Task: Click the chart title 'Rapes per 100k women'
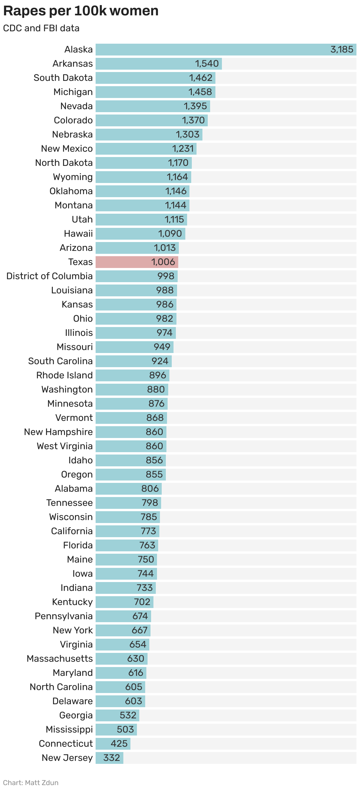click(x=81, y=11)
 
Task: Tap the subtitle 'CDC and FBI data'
click(x=41, y=28)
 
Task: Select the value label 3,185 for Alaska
click(x=341, y=50)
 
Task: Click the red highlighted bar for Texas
click(x=137, y=262)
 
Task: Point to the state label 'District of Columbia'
click(x=49, y=276)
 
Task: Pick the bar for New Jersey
click(x=109, y=758)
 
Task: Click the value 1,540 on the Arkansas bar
click(x=207, y=63)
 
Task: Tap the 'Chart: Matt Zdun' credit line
click(x=31, y=782)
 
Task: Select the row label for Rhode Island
click(x=64, y=375)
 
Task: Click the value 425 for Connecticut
click(x=119, y=743)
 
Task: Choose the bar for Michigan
click(x=155, y=92)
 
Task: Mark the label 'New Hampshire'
click(x=58, y=432)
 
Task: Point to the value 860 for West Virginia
click(x=154, y=446)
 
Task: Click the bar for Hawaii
click(x=140, y=234)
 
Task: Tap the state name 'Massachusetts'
click(x=60, y=658)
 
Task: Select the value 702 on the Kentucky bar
click(x=142, y=602)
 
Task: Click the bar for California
click(x=127, y=531)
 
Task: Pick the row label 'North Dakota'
click(x=64, y=163)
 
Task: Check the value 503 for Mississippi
click(x=125, y=729)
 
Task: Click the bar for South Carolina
click(x=133, y=361)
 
